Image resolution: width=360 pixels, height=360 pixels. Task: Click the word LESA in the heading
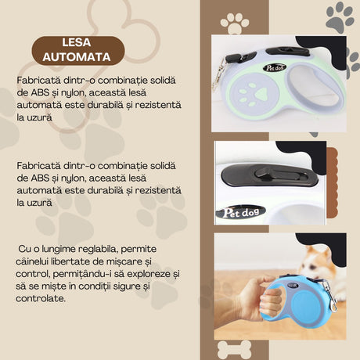coord(77,44)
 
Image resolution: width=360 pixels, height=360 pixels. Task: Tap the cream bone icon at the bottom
coord(233,348)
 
